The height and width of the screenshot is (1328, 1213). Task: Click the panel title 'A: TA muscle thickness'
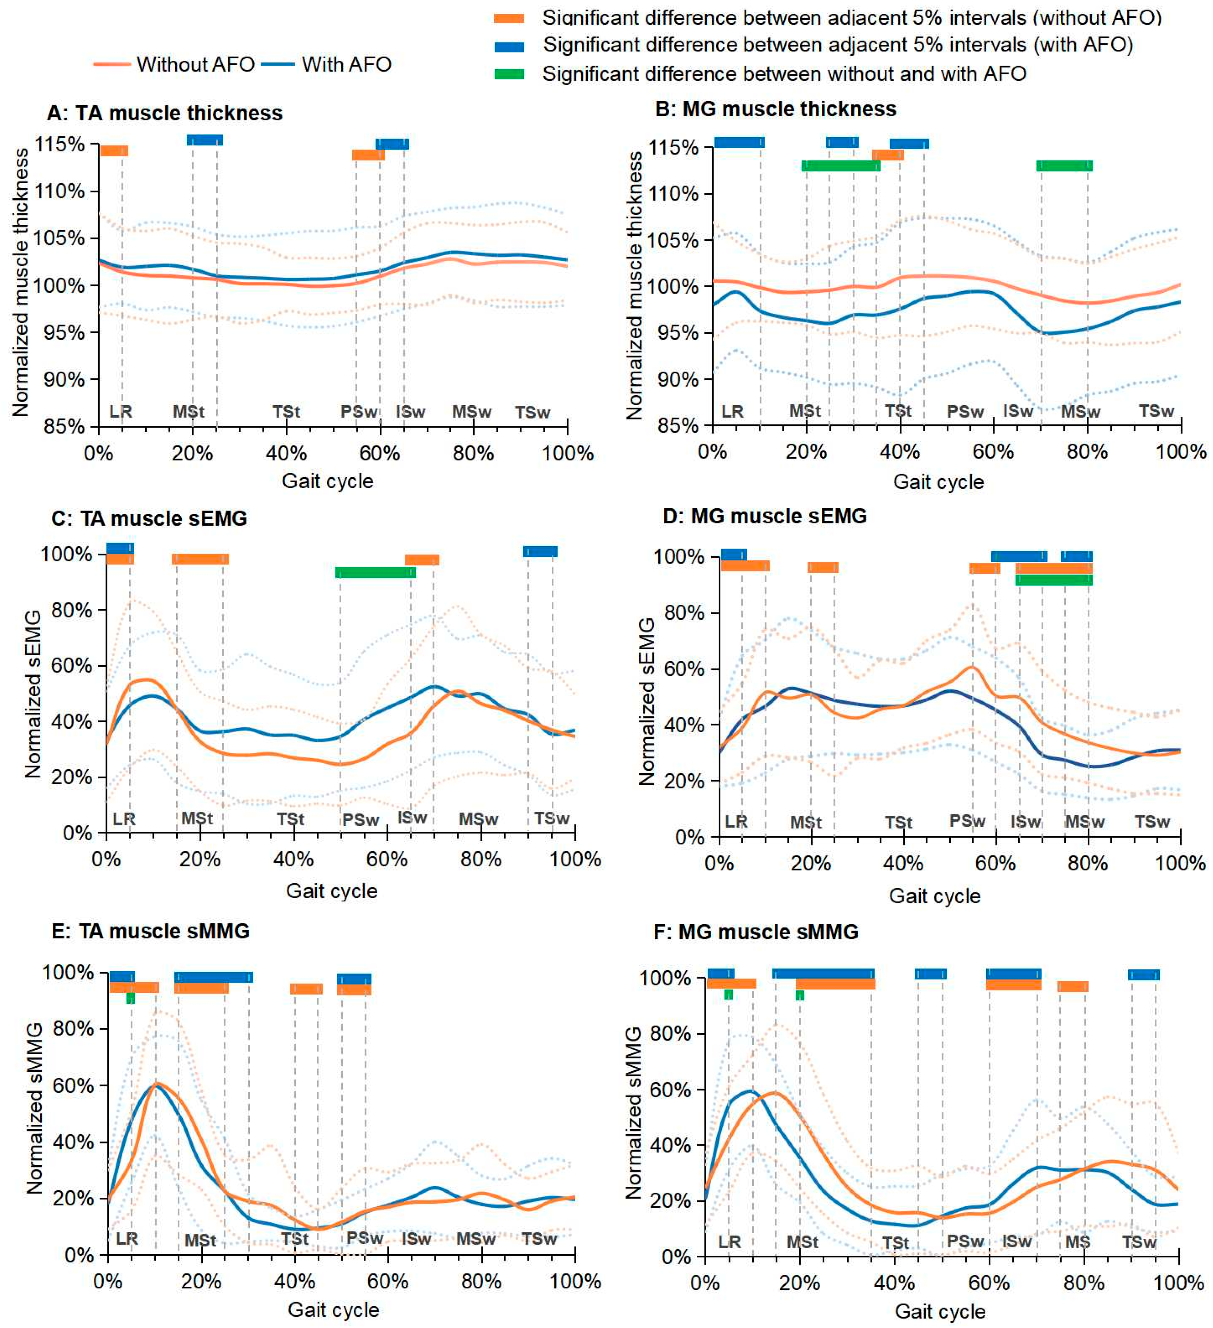[x=165, y=113]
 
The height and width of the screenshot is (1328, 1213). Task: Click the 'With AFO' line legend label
[x=347, y=65]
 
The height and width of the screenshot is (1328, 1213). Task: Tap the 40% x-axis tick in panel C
[x=293, y=860]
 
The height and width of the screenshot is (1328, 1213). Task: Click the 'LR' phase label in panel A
[x=120, y=412]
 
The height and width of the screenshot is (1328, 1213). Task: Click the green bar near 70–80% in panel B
[x=1064, y=165]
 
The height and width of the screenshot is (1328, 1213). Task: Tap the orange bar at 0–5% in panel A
[x=114, y=151]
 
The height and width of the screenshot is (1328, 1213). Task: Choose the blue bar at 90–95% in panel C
[x=540, y=551]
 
